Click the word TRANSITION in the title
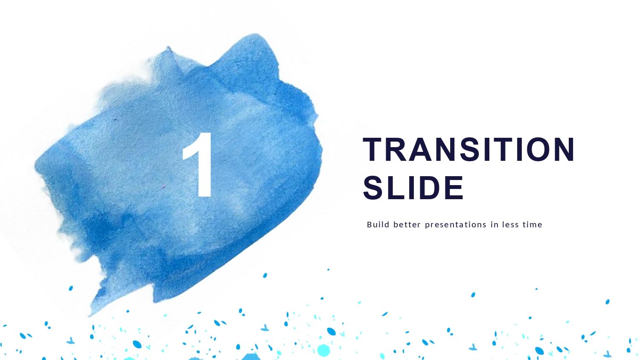click(468, 150)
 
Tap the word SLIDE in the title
click(413, 188)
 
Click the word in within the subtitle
click(494, 224)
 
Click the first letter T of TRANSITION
click(374, 150)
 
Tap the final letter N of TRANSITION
click(564, 150)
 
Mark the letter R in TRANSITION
click(396, 150)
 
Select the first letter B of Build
click(369, 224)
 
